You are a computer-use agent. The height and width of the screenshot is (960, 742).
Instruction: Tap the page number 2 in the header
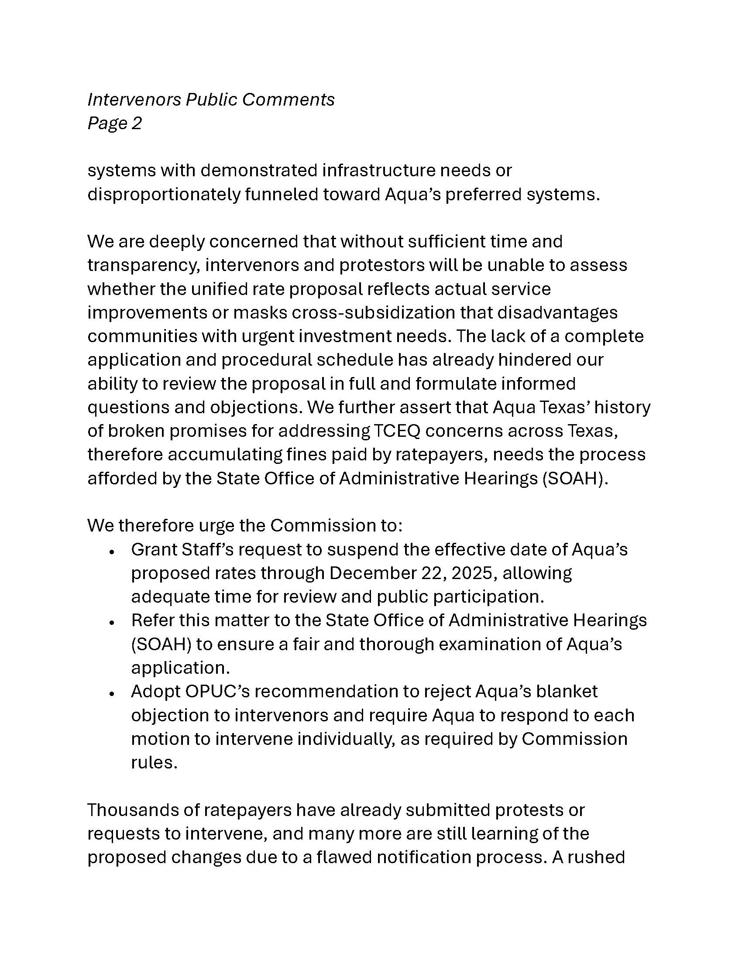[x=136, y=123]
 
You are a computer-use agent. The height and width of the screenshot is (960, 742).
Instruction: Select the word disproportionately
[x=164, y=194]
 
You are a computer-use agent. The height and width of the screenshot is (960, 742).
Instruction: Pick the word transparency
[x=143, y=265]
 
